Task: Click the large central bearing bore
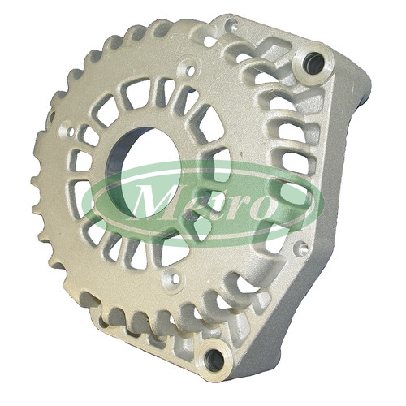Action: (145, 173)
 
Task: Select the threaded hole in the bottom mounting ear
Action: (214, 360)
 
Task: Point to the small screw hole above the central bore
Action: (191, 71)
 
